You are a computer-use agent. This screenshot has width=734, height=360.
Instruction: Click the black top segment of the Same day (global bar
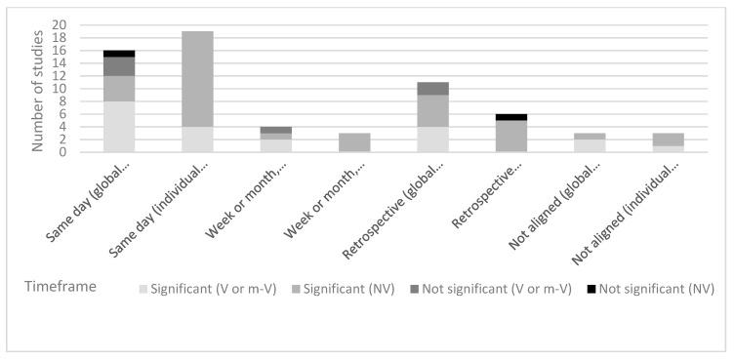pyautogui.click(x=119, y=53)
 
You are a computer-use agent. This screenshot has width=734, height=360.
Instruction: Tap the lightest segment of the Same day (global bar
pyautogui.click(x=119, y=127)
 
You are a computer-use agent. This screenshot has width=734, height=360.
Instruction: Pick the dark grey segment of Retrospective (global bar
pyautogui.click(x=432, y=89)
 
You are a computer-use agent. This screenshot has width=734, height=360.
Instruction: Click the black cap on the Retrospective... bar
pyautogui.click(x=510, y=117)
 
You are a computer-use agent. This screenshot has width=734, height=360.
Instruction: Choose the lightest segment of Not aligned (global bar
pyautogui.click(x=590, y=145)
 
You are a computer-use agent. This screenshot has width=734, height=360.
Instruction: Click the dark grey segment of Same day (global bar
pyautogui.click(x=119, y=66)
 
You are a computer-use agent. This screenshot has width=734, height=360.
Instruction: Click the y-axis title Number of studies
pyautogui.click(x=38, y=88)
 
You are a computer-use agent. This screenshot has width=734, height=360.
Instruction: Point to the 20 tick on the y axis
pyautogui.click(x=60, y=24)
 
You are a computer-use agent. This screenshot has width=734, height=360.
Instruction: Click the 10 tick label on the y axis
pyautogui.click(x=60, y=89)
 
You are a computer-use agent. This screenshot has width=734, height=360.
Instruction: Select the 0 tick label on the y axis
pyautogui.click(x=62, y=152)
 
